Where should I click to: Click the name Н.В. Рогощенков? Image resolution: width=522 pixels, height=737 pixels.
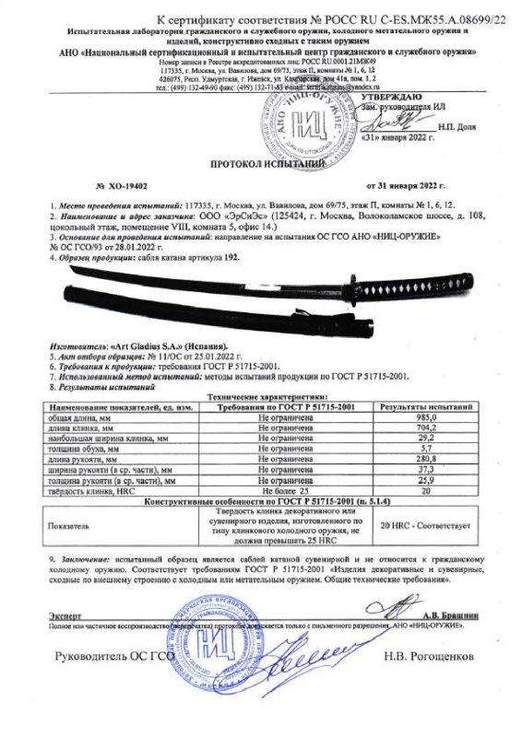coord(430,658)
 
